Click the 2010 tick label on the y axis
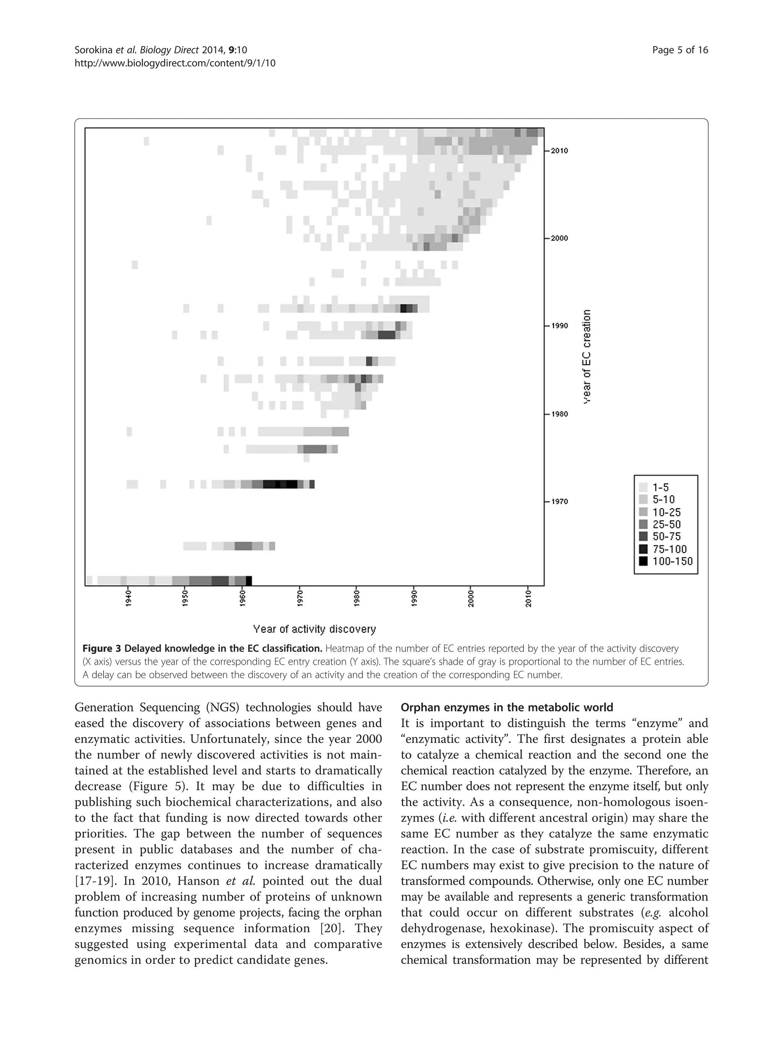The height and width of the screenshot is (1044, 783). point(559,151)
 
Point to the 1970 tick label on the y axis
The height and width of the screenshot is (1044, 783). point(559,502)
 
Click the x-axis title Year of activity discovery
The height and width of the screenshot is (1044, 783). point(314,629)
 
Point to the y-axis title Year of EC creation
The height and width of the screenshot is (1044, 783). point(586,357)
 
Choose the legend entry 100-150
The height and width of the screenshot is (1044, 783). point(673,562)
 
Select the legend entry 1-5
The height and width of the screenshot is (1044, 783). point(661,487)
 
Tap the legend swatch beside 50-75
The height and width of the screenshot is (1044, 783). point(643,537)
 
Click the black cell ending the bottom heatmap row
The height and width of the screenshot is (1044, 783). point(249,581)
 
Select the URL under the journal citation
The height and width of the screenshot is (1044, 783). point(175,63)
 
